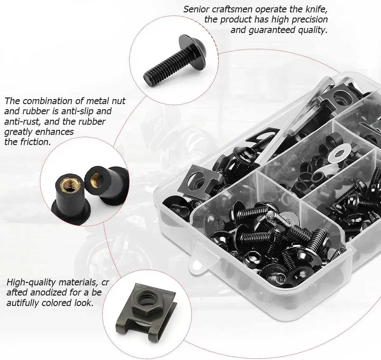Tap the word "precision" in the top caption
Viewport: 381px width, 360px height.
[310, 20]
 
